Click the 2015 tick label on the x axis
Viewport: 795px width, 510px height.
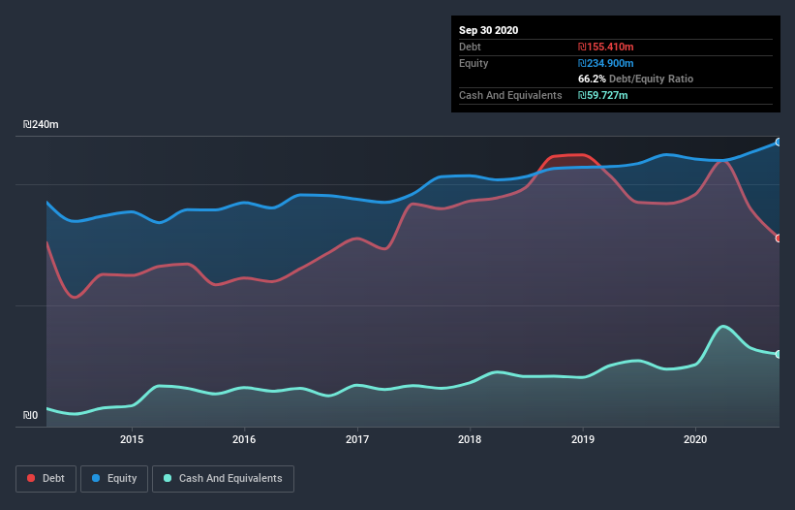point(132,438)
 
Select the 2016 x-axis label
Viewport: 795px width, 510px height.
point(244,438)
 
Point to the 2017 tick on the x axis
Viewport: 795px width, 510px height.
point(357,438)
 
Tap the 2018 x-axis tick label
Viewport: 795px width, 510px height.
point(470,438)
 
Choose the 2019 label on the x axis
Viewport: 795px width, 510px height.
point(583,438)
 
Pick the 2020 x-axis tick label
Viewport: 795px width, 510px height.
point(695,438)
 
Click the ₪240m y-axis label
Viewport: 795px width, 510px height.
point(41,125)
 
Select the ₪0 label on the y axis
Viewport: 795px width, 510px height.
point(30,416)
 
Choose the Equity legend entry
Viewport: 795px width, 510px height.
point(114,478)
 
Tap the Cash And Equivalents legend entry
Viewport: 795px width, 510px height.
point(223,478)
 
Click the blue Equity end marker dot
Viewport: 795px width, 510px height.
point(778,143)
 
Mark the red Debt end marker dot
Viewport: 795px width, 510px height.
point(778,239)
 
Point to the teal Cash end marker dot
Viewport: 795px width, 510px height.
point(778,354)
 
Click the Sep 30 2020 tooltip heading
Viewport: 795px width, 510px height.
point(488,30)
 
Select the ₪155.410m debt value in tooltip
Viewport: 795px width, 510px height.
point(606,47)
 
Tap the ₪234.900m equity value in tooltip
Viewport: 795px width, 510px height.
point(607,63)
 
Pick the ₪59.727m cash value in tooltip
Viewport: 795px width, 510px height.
point(603,95)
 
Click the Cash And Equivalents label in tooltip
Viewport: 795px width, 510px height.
point(510,95)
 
